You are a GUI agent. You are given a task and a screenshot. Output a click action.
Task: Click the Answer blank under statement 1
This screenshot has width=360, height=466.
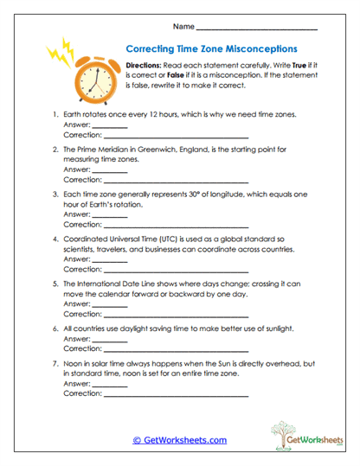(109, 126)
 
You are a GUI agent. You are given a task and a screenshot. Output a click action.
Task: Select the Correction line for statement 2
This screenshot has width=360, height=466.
(176, 180)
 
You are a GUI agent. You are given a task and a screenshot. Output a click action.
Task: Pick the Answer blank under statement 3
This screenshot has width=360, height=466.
(109, 215)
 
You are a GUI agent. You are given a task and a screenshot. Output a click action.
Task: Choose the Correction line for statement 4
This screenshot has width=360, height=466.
(176, 270)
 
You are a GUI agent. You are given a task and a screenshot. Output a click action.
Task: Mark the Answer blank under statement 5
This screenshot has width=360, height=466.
(109, 305)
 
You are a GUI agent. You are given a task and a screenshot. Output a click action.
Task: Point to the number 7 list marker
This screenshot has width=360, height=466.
(55, 364)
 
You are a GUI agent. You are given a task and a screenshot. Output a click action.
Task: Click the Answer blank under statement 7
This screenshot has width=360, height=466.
(109, 384)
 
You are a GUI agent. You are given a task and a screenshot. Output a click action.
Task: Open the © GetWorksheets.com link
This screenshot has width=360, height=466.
(180, 440)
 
